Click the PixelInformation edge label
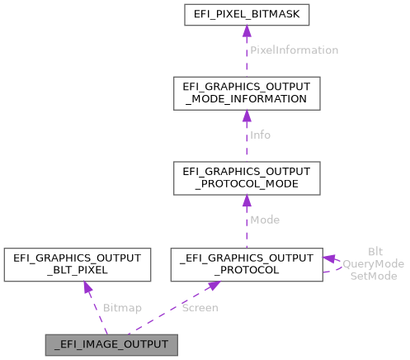[295, 50]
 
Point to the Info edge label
[261, 135]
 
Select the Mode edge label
[265, 220]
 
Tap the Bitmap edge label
[122, 308]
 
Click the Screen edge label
[200, 308]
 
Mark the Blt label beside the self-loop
[375, 252]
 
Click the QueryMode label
[374, 263]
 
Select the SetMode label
[374, 275]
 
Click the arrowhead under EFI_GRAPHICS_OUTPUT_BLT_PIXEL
[85, 287]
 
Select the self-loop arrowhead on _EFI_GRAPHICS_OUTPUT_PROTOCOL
[328, 258]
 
